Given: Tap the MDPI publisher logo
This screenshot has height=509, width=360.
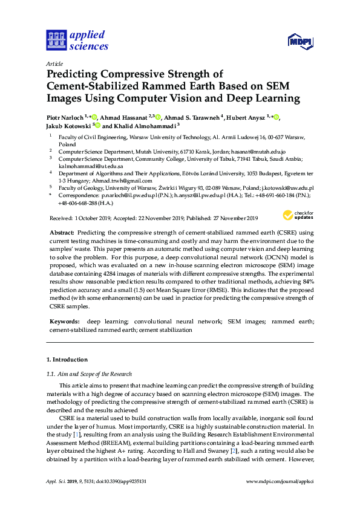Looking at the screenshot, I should pyautogui.click(x=300, y=42).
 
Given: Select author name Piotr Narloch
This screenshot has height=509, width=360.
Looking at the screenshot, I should pyautogui.click(x=65, y=117).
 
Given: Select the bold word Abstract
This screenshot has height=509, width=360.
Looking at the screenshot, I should pyautogui.click(x=61, y=233).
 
